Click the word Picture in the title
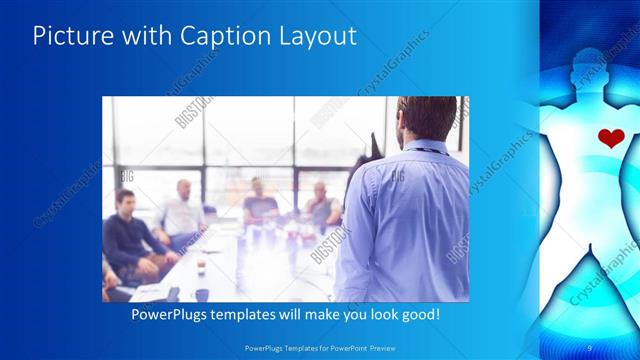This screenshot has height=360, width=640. click(67, 36)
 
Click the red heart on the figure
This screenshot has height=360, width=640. click(609, 138)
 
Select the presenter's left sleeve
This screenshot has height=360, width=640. click(355, 230)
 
